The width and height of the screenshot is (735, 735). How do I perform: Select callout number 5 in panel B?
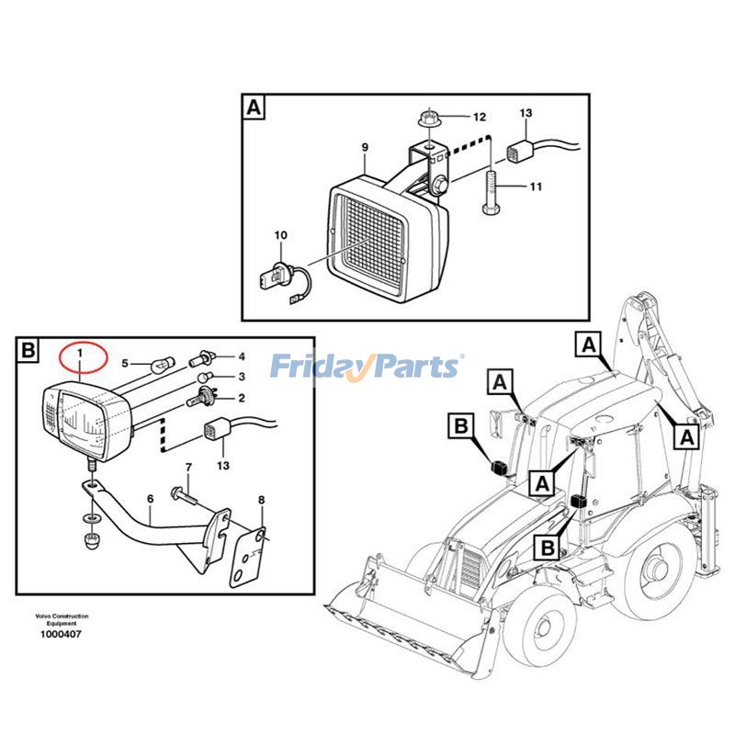tap(127, 365)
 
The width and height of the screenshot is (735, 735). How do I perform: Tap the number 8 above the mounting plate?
tap(261, 500)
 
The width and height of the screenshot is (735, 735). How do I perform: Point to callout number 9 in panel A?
tap(364, 147)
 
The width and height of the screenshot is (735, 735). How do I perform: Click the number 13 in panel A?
tap(526, 113)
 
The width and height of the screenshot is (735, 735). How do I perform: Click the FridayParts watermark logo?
tap(367, 367)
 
